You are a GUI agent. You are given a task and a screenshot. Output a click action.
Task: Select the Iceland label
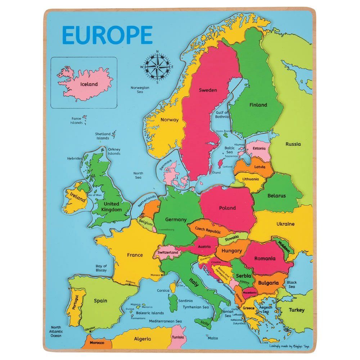pos(89,84)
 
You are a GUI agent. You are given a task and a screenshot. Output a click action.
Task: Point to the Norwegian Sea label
pos(140,90)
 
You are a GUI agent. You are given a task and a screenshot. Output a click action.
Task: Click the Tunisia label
pos(178,337)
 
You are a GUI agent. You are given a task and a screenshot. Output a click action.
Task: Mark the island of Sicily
pos(204,323)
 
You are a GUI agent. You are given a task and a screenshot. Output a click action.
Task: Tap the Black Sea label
pos(292,284)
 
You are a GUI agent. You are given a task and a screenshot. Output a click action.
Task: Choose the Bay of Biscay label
pos(101,268)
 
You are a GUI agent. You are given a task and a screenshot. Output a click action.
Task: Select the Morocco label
pos(97,343)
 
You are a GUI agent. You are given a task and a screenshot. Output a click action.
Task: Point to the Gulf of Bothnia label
pos(222,114)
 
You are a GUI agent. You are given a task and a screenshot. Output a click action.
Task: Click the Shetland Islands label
pos(103,136)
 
